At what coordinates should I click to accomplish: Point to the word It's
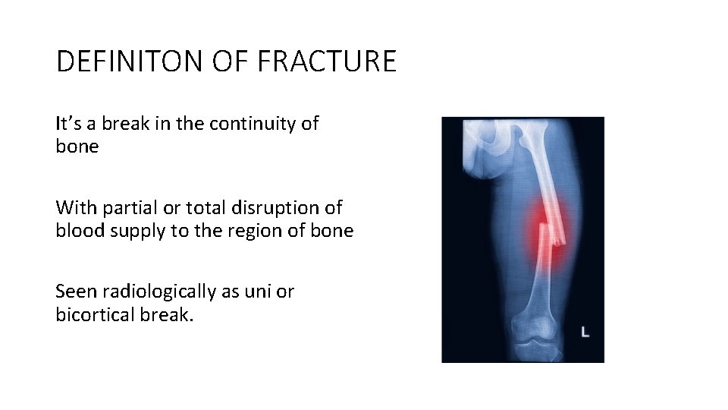pyautogui.click(x=69, y=123)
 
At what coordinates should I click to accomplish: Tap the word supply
pyautogui.click(x=136, y=231)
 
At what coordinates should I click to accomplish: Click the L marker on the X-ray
pyautogui.click(x=585, y=331)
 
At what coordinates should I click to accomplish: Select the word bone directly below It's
pyautogui.click(x=77, y=147)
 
